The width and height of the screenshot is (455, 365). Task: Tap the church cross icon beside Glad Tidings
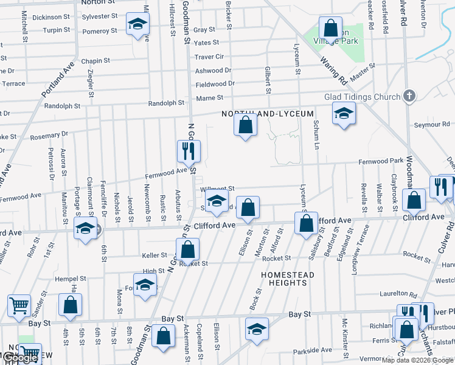coord(409,96)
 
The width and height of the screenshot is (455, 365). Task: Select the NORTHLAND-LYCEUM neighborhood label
coord(268,114)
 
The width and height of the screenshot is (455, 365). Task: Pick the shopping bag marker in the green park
coord(330,28)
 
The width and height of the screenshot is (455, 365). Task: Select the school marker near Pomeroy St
coord(138,25)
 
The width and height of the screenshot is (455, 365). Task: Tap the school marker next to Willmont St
coord(217,202)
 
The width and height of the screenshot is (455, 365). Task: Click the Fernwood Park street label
coord(381,161)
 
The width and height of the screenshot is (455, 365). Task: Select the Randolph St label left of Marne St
coord(166,103)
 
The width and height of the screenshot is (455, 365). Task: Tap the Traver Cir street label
coord(209,57)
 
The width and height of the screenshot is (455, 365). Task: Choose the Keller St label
coord(155,255)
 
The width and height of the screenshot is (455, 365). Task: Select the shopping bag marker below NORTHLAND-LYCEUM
coord(246,125)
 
